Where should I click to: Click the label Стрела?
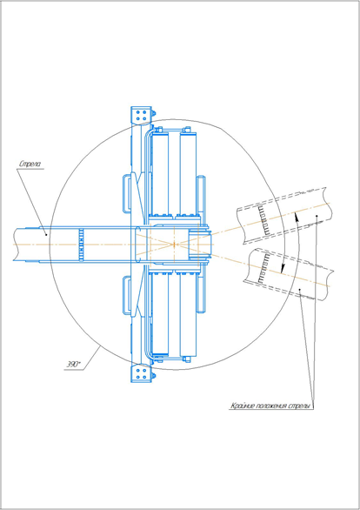tap(30, 164)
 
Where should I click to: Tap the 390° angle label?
tap(73, 365)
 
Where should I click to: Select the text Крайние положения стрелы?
tap(270, 406)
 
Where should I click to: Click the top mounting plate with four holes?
tap(141, 115)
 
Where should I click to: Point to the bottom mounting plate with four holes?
tap(141, 373)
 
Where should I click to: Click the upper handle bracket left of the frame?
tap(127, 193)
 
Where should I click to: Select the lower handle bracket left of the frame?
tap(127, 295)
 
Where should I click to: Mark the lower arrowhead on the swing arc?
tap(283, 268)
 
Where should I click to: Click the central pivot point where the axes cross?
tap(175, 244)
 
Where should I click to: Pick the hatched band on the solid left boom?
tap(82, 245)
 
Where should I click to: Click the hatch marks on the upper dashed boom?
tap(266, 221)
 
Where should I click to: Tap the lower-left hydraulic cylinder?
tap(160, 313)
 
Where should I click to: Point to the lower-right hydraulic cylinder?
tap(188, 313)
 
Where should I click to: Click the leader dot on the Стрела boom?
tap(46, 234)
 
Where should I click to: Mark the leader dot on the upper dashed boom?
tap(317, 216)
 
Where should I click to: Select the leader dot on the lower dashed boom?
tap(300, 289)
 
